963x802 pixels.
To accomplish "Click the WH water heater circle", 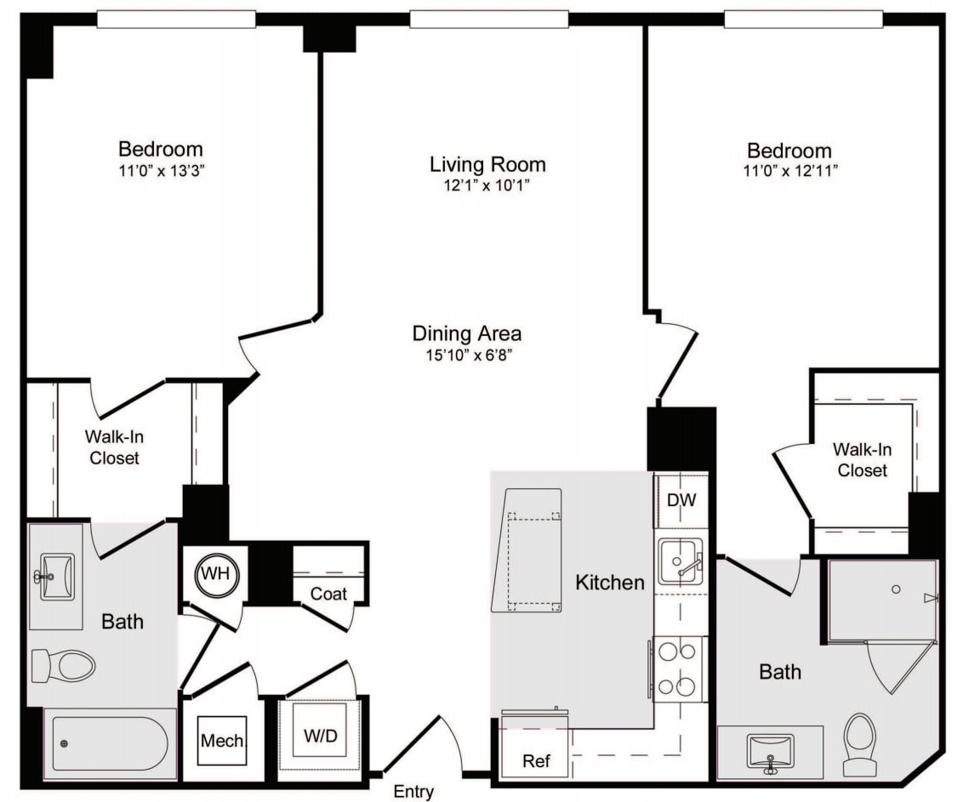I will [214, 573].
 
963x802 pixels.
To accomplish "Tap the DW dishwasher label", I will [681, 500].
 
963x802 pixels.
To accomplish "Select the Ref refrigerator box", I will [535, 759].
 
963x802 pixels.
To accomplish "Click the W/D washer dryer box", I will [321, 736].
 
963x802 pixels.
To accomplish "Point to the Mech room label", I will [222, 741].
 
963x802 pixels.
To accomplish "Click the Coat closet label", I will [328, 594].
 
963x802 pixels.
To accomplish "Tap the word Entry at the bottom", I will [413, 792].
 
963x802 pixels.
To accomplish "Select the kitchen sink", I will [680, 561].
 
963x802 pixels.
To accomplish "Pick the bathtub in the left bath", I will [109, 742].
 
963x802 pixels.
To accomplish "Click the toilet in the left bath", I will [64, 666].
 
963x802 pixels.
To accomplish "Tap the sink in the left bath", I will [57, 577].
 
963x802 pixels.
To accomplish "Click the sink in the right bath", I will [770, 751].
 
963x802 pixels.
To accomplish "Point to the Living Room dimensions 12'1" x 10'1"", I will [487, 185].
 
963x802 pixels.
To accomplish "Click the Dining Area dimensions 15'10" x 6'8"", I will [467, 355].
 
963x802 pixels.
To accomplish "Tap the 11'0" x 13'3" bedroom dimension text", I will [161, 169].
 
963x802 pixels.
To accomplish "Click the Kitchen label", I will [610, 583].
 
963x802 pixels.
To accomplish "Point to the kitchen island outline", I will [530, 550].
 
